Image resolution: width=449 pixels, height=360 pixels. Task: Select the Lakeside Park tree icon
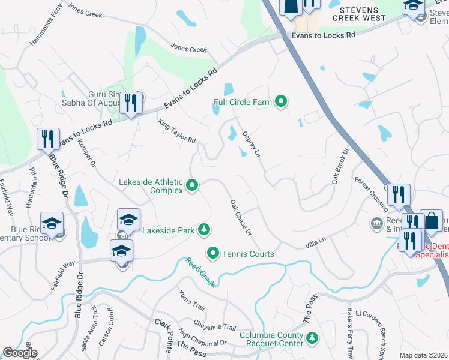point(205,229)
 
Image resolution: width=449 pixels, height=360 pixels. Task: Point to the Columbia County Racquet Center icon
point(312,339)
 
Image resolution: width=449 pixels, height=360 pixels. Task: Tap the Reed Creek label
point(200,272)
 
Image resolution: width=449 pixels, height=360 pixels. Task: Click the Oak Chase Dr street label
point(240,217)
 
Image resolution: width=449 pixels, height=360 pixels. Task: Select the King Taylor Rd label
point(177,131)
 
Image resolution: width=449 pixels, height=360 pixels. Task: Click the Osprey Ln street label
point(251,145)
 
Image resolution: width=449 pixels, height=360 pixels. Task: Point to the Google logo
point(20,353)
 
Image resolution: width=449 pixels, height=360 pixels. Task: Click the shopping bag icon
point(431,221)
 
